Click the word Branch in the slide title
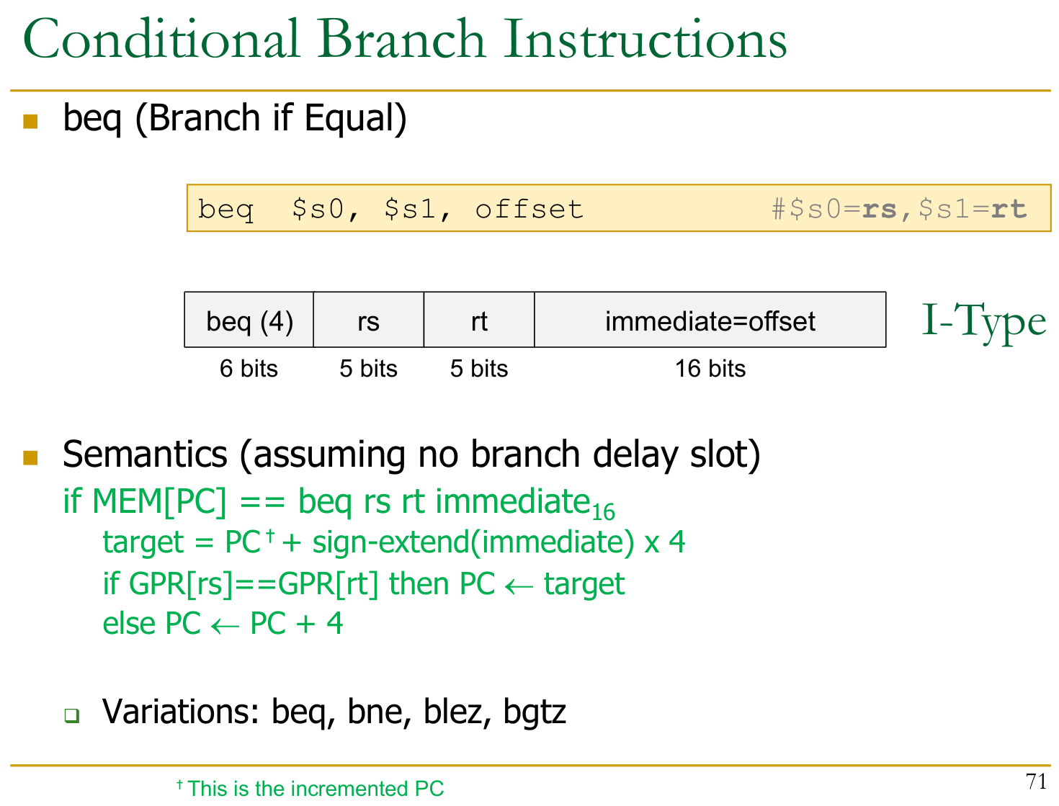(400, 39)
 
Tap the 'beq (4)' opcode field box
(249, 319)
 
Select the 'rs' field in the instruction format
(369, 319)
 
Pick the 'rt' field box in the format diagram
(479, 319)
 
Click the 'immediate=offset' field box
(710, 319)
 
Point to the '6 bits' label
(249, 369)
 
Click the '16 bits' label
(710, 369)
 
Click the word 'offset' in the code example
(529, 210)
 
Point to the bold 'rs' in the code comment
(879, 210)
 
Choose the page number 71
(1037, 782)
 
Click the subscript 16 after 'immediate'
(603, 512)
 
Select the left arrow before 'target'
(519, 587)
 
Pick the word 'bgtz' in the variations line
(535, 712)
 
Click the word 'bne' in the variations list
(379, 712)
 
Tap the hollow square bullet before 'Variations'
(72, 715)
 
